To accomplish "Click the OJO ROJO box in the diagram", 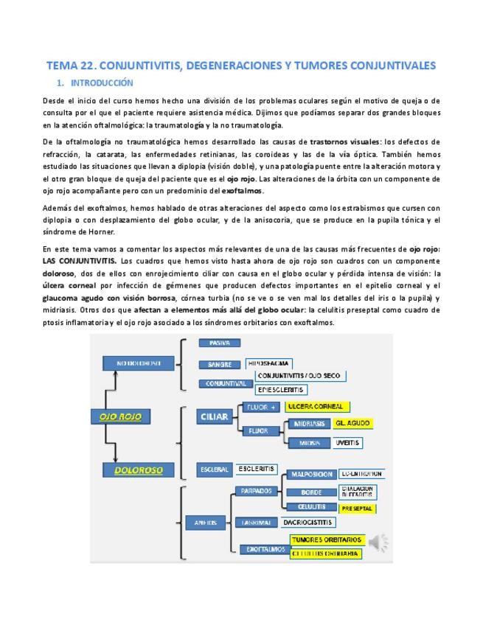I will pyautogui.click(x=120, y=416).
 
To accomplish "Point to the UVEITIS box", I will pyautogui.click(x=347, y=443).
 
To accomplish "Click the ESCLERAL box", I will pyautogui.click(x=214, y=469).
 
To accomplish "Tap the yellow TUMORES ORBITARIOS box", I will pyautogui.click(x=324, y=540).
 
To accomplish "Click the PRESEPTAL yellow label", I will pyautogui.click(x=357, y=509).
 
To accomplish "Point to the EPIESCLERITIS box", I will pyautogui.click(x=281, y=389).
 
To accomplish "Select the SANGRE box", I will pyautogui.click(x=219, y=364).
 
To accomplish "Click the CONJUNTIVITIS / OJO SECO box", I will pyautogui.click(x=298, y=376).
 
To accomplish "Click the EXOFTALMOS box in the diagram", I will pyautogui.click(x=259, y=549).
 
